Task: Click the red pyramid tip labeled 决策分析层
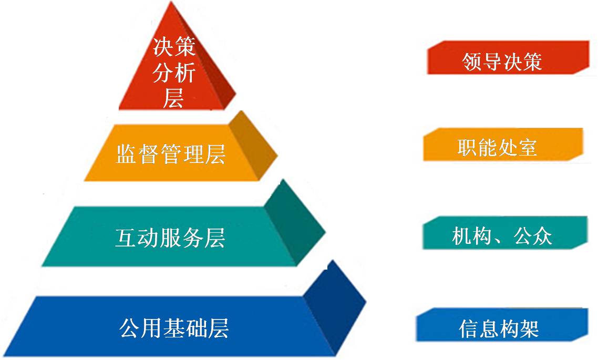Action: click(x=173, y=73)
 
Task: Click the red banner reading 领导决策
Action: click(x=508, y=58)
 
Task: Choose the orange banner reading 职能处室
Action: click(x=503, y=145)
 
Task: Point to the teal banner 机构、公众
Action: click(x=505, y=233)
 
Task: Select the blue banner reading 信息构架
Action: click(x=502, y=325)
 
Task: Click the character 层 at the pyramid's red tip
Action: click(x=173, y=98)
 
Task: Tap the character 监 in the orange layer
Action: click(x=127, y=153)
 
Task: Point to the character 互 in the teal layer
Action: click(x=126, y=238)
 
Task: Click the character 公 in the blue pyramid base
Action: click(x=130, y=327)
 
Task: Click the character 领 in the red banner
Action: click(x=472, y=62)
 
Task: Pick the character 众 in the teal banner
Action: click(x=542, y=236)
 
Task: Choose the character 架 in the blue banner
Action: click(x=529, y=328)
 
